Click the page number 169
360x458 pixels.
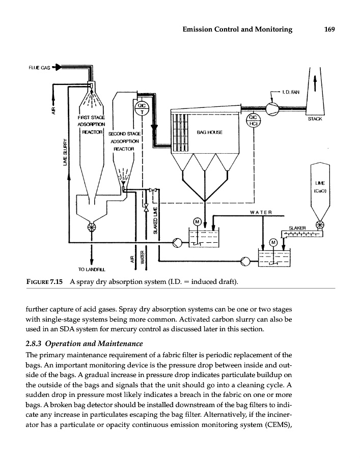click(328, 30)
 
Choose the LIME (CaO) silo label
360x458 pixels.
click(320, 188)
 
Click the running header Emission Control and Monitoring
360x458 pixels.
click(237, 30)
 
